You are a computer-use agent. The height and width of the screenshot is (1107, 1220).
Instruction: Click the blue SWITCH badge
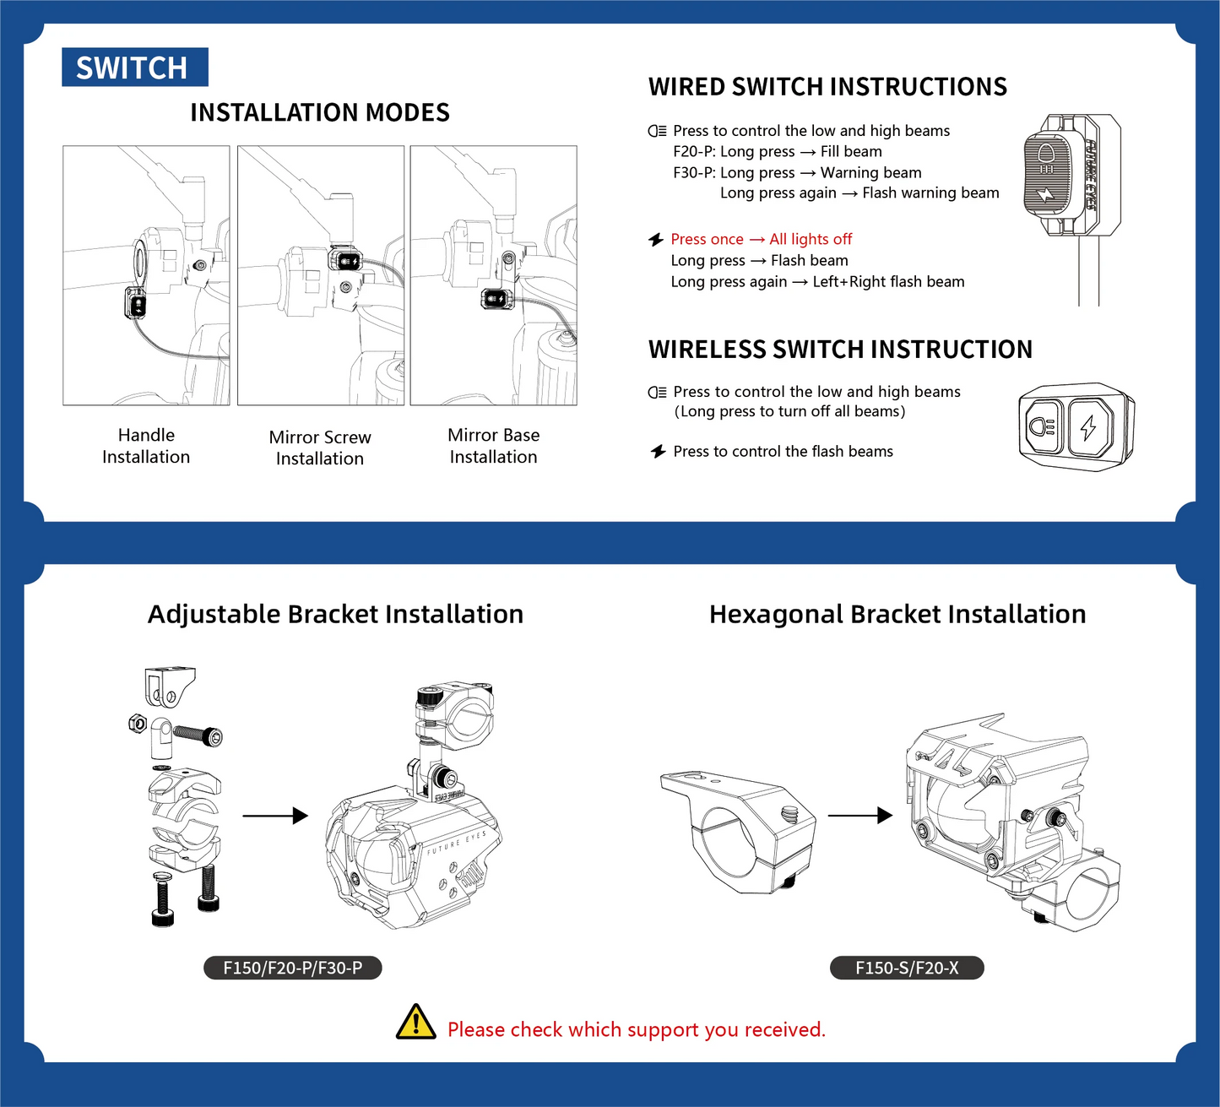(134, 68)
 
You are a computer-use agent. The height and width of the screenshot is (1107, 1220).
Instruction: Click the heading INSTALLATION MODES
(319, 112)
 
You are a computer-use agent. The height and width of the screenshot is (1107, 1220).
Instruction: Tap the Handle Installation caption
(146, 446)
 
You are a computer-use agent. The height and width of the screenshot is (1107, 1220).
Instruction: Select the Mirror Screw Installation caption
(320, 448)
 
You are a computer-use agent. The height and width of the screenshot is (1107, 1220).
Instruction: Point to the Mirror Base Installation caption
(493, 446)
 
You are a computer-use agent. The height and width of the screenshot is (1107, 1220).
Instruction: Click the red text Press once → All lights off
(761, 240)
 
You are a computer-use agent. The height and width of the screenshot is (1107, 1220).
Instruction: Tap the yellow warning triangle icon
(415, 1022)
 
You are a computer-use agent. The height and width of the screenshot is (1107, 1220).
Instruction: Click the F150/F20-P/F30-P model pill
(292, 968)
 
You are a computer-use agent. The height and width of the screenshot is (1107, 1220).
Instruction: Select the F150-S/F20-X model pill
(907, 968)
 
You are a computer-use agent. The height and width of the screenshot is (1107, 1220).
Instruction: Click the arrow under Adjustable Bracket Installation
(275, 816)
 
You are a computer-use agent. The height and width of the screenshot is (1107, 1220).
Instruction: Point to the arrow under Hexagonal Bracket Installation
(859, 816)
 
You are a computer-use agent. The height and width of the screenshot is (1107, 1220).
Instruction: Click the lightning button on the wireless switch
(1088, 427)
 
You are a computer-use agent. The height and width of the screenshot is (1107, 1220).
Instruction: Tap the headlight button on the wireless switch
(1043, 427)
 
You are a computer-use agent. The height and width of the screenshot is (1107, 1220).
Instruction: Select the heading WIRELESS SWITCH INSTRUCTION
(840, 350)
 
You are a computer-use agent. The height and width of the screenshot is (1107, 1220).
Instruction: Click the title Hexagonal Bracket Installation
(897, 614)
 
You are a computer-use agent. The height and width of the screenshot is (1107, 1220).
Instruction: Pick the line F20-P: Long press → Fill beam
(777, 152)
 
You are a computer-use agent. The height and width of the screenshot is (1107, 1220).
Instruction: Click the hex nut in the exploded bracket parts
(138, 724)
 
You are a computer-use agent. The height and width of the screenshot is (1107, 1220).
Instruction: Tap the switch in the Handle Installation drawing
(137, 302)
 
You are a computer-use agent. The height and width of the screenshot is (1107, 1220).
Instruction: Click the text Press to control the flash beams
(783, 452)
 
